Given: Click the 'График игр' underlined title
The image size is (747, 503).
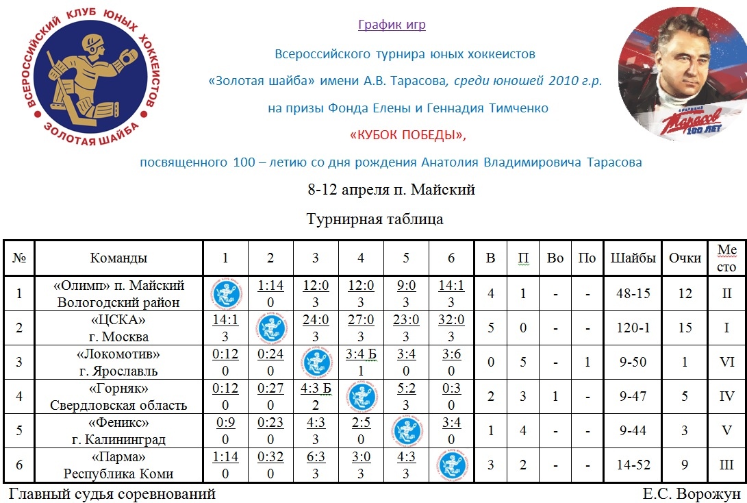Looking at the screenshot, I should click(x=392, y=25).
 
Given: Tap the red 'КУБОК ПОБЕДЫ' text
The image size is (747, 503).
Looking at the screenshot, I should click(x=407, y=135).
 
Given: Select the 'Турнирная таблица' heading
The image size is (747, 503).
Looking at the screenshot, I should click(x=375, y=219).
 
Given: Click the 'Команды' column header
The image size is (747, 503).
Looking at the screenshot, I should click(x=118, y=258).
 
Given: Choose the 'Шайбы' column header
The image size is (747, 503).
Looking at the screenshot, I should click(x=633, y=258).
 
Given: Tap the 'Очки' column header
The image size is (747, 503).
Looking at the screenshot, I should click(x=685, y=258).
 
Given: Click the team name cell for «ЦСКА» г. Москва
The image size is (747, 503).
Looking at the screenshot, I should click(x=118, y=328).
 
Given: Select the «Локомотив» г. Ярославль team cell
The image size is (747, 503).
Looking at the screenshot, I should click(x=118, y=363).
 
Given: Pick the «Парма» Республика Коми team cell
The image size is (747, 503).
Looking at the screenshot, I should click(x=118, y=465).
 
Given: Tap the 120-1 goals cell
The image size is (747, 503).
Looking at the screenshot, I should click(x=633, y=328).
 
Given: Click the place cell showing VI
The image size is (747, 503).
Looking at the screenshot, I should click(x=727, y=363).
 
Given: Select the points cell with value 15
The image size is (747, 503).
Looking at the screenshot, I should click(x=685, y=328).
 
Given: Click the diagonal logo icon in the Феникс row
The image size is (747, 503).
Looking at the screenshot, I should click(x=406, y=431).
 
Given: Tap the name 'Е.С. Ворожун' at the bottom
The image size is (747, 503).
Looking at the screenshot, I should click(x=692, y=494).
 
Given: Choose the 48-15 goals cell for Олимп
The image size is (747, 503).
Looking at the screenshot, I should click(x=633, y=294).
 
